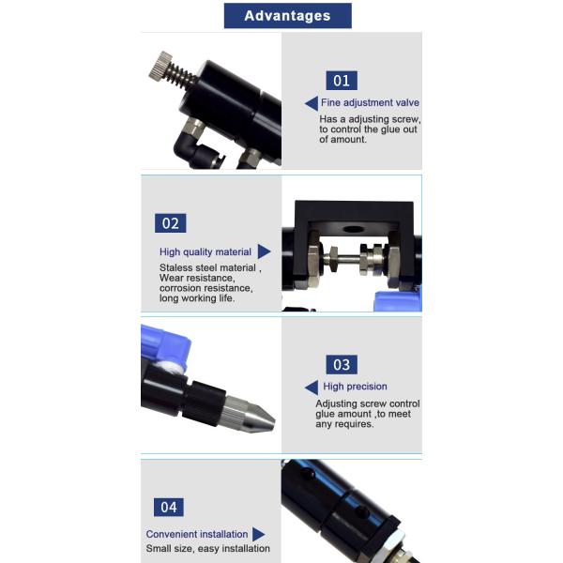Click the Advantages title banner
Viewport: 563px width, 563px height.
[x=288, y=16]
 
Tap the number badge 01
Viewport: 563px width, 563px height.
[x=342, y=81]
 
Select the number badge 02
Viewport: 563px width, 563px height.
[x=171, y=223]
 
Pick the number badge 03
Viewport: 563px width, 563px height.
[x=342, y=365]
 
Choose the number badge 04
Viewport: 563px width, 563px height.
[x=169, y=508]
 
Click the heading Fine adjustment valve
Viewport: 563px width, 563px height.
[x=370, y=102]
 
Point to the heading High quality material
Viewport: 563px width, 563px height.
[x=205, y=252]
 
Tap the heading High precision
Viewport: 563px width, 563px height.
[x=355, y=387]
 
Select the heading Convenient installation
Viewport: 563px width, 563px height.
[x=197, y=534]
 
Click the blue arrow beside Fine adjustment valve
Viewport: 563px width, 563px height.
[x=312, y=103]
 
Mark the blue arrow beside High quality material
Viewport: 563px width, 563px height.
[x=264, y=251]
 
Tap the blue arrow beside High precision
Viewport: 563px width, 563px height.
[x=312, y=388]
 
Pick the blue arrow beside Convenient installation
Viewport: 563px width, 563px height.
[x=258, y=534]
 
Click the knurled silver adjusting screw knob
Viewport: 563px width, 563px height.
[x=160, y=65]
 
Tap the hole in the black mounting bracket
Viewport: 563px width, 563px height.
[x=353, y=229]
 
